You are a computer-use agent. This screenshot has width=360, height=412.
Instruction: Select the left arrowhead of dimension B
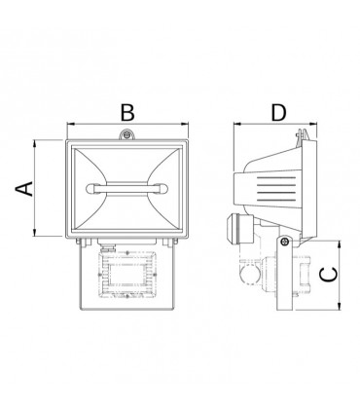[x=69, y=125]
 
